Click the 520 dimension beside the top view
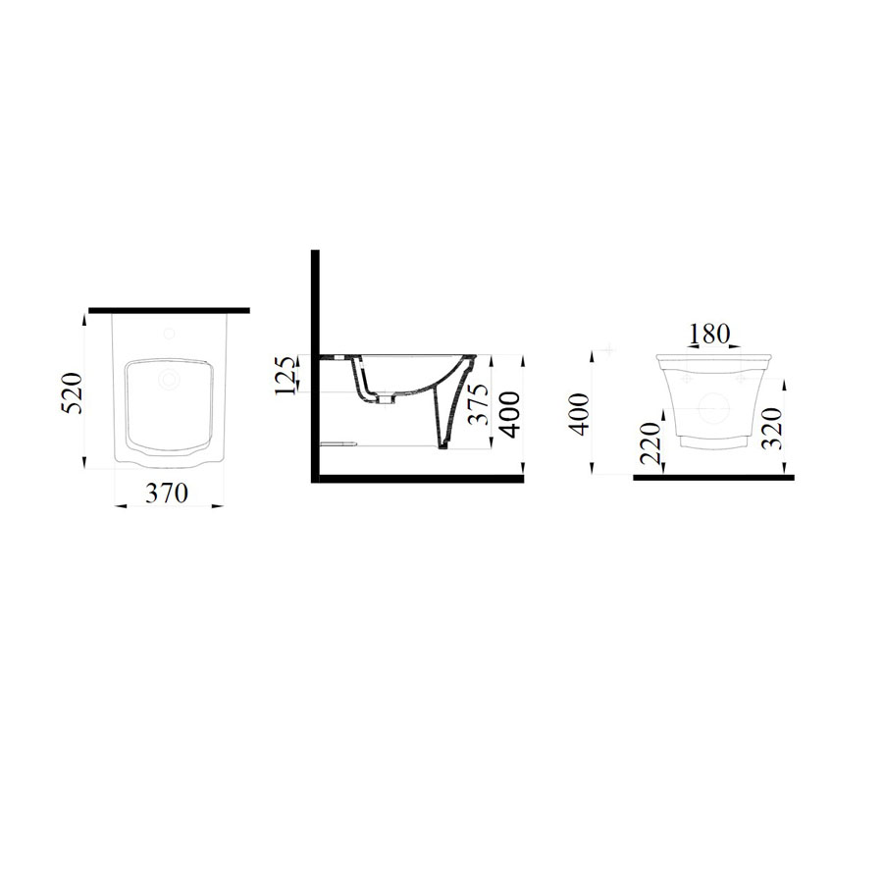72,392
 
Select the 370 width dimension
166,493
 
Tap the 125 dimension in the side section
286,375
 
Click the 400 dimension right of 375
510,414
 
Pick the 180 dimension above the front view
709,334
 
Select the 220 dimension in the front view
651,442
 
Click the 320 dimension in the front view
772,428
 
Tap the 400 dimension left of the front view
580,414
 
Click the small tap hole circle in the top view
169,335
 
